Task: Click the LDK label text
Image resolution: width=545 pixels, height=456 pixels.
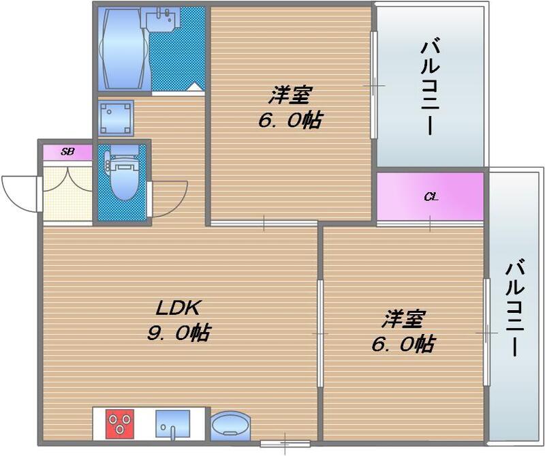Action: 178,308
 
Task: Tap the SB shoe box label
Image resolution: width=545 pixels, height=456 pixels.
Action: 67,152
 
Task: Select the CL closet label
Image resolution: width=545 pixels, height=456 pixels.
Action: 431,198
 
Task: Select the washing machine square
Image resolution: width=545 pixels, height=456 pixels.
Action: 115,118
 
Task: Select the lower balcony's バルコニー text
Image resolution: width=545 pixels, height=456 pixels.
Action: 514,308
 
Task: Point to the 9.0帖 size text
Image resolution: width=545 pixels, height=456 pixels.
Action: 178,333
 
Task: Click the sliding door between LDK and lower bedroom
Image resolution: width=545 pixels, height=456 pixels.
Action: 320,333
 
